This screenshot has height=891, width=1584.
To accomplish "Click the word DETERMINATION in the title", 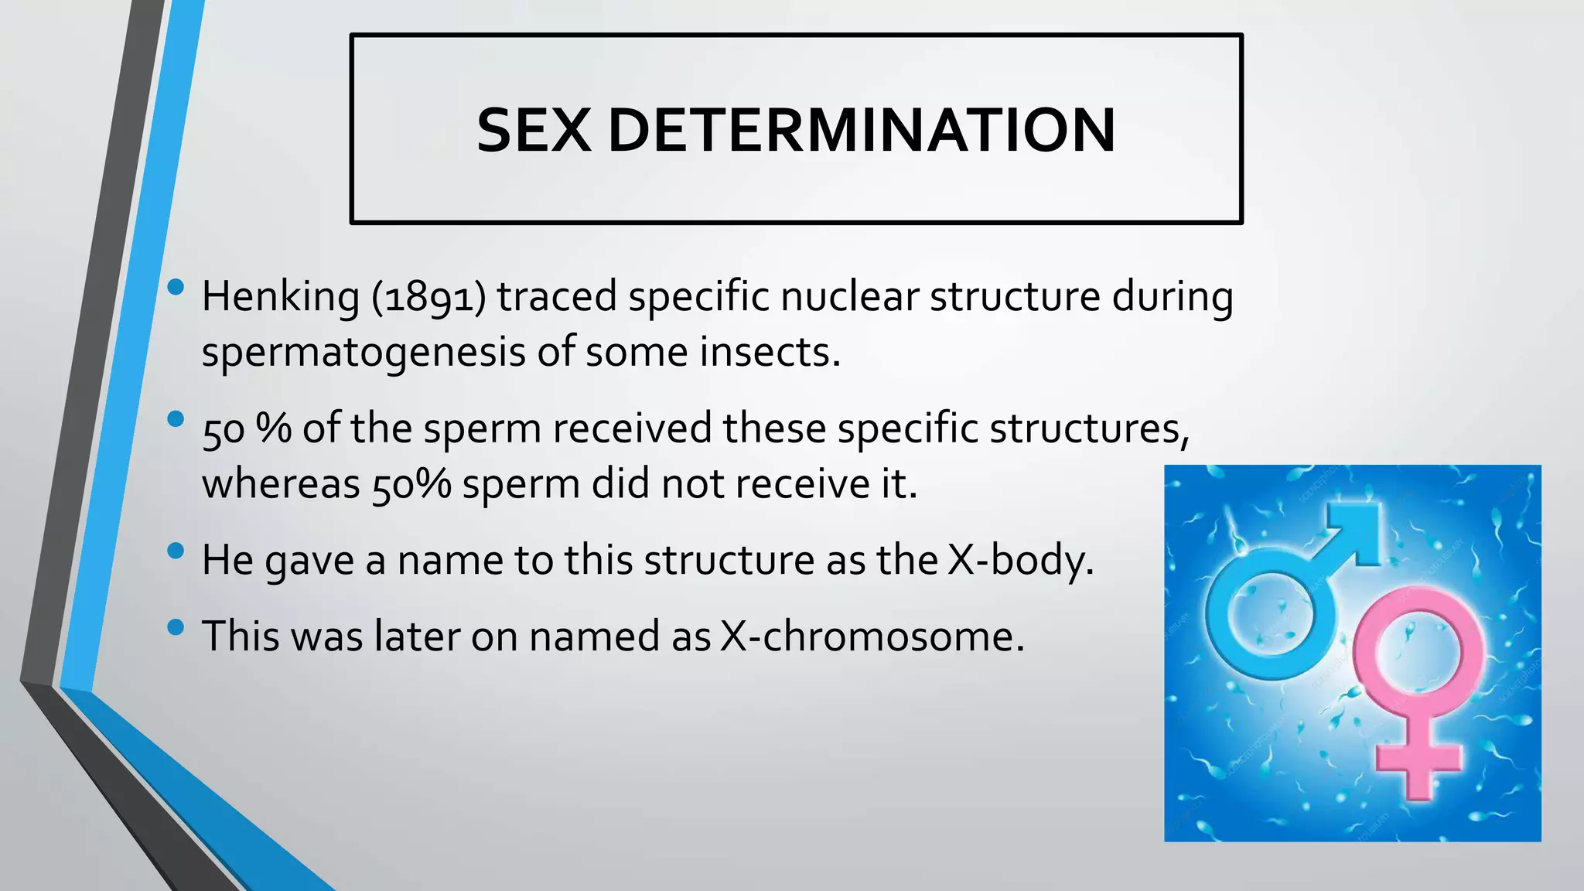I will [x=862, y=130].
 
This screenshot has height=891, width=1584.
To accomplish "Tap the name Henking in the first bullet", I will [x=280, y=297].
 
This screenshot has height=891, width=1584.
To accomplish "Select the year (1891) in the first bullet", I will [x=428, y=297].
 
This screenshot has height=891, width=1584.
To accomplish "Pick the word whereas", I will [x=281, y=485].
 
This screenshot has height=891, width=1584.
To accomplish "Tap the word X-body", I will [x=1021, y=560].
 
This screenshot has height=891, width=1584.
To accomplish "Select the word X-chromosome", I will [x=872, y=637].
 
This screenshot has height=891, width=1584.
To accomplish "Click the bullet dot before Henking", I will [x=176, y=288].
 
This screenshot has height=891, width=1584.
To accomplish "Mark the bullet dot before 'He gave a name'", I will [x=176, y=551].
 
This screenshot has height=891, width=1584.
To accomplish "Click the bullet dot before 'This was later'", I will [x=176, y=627].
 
